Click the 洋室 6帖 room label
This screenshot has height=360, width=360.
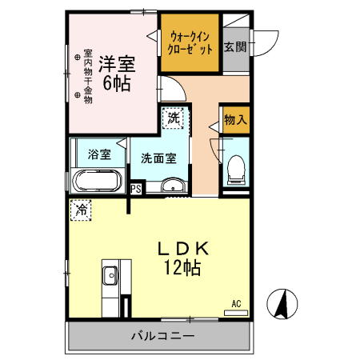tap(116, 70)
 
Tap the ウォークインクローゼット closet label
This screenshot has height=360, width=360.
tap(190, 42)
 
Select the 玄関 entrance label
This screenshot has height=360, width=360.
tap(234, 46)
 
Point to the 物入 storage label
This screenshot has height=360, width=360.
tap(234, 120)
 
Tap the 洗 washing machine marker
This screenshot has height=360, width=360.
tap(174, 118)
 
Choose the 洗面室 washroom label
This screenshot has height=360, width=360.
tap(159, 158)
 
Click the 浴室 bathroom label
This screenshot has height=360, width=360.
tap(99, 154)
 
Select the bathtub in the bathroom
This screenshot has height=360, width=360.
tap(98, 182)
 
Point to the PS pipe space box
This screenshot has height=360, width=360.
tap(136, 190)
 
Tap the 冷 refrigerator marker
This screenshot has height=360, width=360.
tap(82, 210)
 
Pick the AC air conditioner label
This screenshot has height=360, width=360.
tap(236, 303)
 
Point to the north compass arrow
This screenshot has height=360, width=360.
tap(281, 303)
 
